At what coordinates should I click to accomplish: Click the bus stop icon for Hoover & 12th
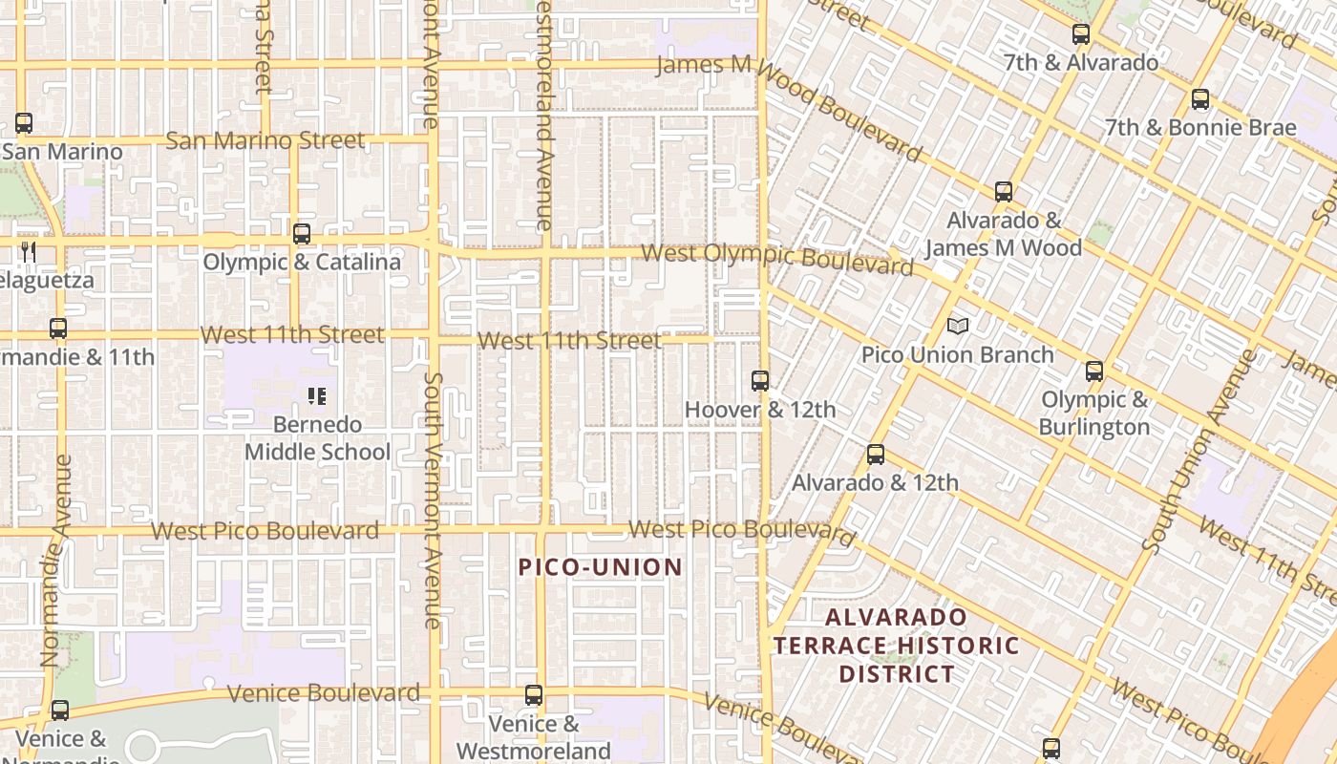(x=760, y=381)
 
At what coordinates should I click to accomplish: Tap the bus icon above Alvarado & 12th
(x=876, y=455)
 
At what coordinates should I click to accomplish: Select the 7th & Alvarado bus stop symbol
(x=1081, y=34)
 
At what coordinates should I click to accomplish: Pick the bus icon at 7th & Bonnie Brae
(x=1200, y=98)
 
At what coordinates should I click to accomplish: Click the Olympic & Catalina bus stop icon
(x=302, y=233)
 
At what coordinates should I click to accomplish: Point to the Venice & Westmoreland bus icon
(x=534, y=695)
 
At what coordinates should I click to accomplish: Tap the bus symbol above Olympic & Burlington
(x=1094, y=371)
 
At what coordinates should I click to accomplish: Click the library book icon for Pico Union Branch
(x=958, y=327)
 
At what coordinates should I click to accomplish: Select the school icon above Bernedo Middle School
(x=317, y=396)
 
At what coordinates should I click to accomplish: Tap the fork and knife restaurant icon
(x=29, y=251)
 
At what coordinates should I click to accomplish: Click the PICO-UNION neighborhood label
(x=601, y=567)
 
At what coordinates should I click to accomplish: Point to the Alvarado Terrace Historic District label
(x=896, y=646)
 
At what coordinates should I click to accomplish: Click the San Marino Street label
(x=265, y=140)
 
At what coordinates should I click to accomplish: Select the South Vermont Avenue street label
(x=433, y=499)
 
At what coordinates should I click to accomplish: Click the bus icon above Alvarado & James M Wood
(x=1004, y=191)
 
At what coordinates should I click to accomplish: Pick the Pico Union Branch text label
(x=958, y=354)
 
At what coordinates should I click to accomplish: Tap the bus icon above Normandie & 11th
(x=58, y=329)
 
